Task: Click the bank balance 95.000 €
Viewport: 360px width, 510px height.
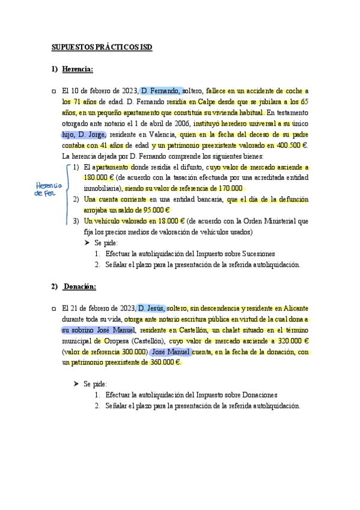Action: (153, 210)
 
